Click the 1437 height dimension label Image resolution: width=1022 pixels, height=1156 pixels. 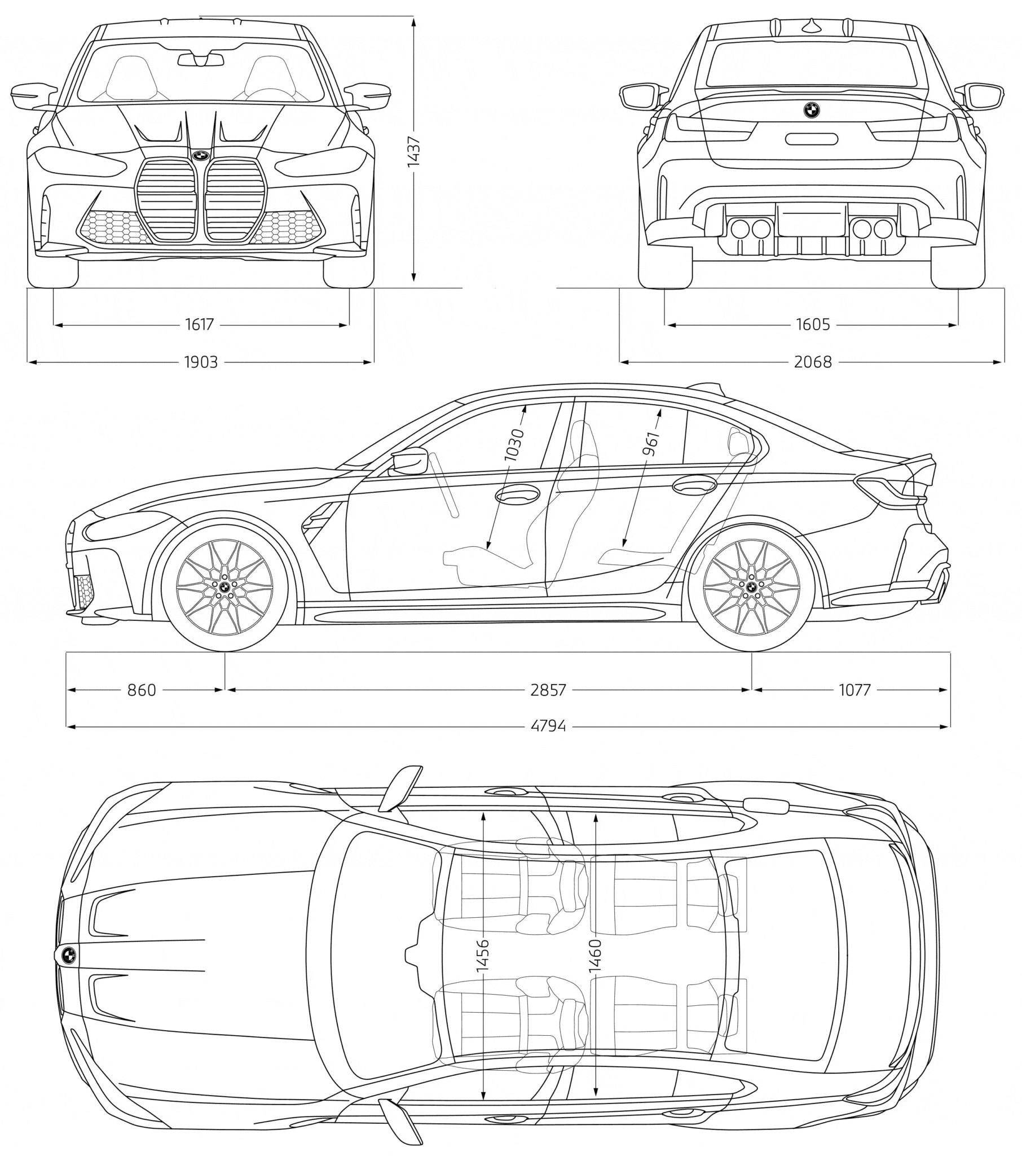pyautogui.click(x=414, y=151)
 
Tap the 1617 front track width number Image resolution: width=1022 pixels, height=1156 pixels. pyautogui.click(x=200, y=324)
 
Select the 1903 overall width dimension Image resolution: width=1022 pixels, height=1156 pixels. pyautogui.click(x=201, y=362)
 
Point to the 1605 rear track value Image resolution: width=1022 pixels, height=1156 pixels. pyautogui.click(x=812, y=324)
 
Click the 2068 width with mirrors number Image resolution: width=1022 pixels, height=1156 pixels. pyautogui.click(x=812, y=362)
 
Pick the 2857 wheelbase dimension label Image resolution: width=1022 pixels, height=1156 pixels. pyautogui.click(x=548, y=690)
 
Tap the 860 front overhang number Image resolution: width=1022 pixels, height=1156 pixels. pyautogui.click(x=142, y=690)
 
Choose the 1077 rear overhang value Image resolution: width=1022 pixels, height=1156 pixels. pyautogui.click(x=854, y=690)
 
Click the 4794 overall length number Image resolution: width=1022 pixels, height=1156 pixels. pyautogui.click(x=548, y=726)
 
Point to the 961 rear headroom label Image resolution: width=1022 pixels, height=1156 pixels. pyautogui.click(x=652, y=444)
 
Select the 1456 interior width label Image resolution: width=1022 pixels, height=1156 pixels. pyautogui.click(x=483, y=956)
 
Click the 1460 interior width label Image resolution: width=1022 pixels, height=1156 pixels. pyautogui.click(x=596, y=956)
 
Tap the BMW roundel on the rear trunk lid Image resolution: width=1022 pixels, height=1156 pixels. pyautogui.click(x=811, y=110)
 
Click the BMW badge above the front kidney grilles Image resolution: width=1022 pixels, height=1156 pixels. pyautogui.click(x=200, y=156)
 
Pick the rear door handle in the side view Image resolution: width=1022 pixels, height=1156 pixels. pyautogui.click(x=694, y=485)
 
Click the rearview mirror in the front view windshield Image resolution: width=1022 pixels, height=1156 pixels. pyautogui.click(x=201, y=59)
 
